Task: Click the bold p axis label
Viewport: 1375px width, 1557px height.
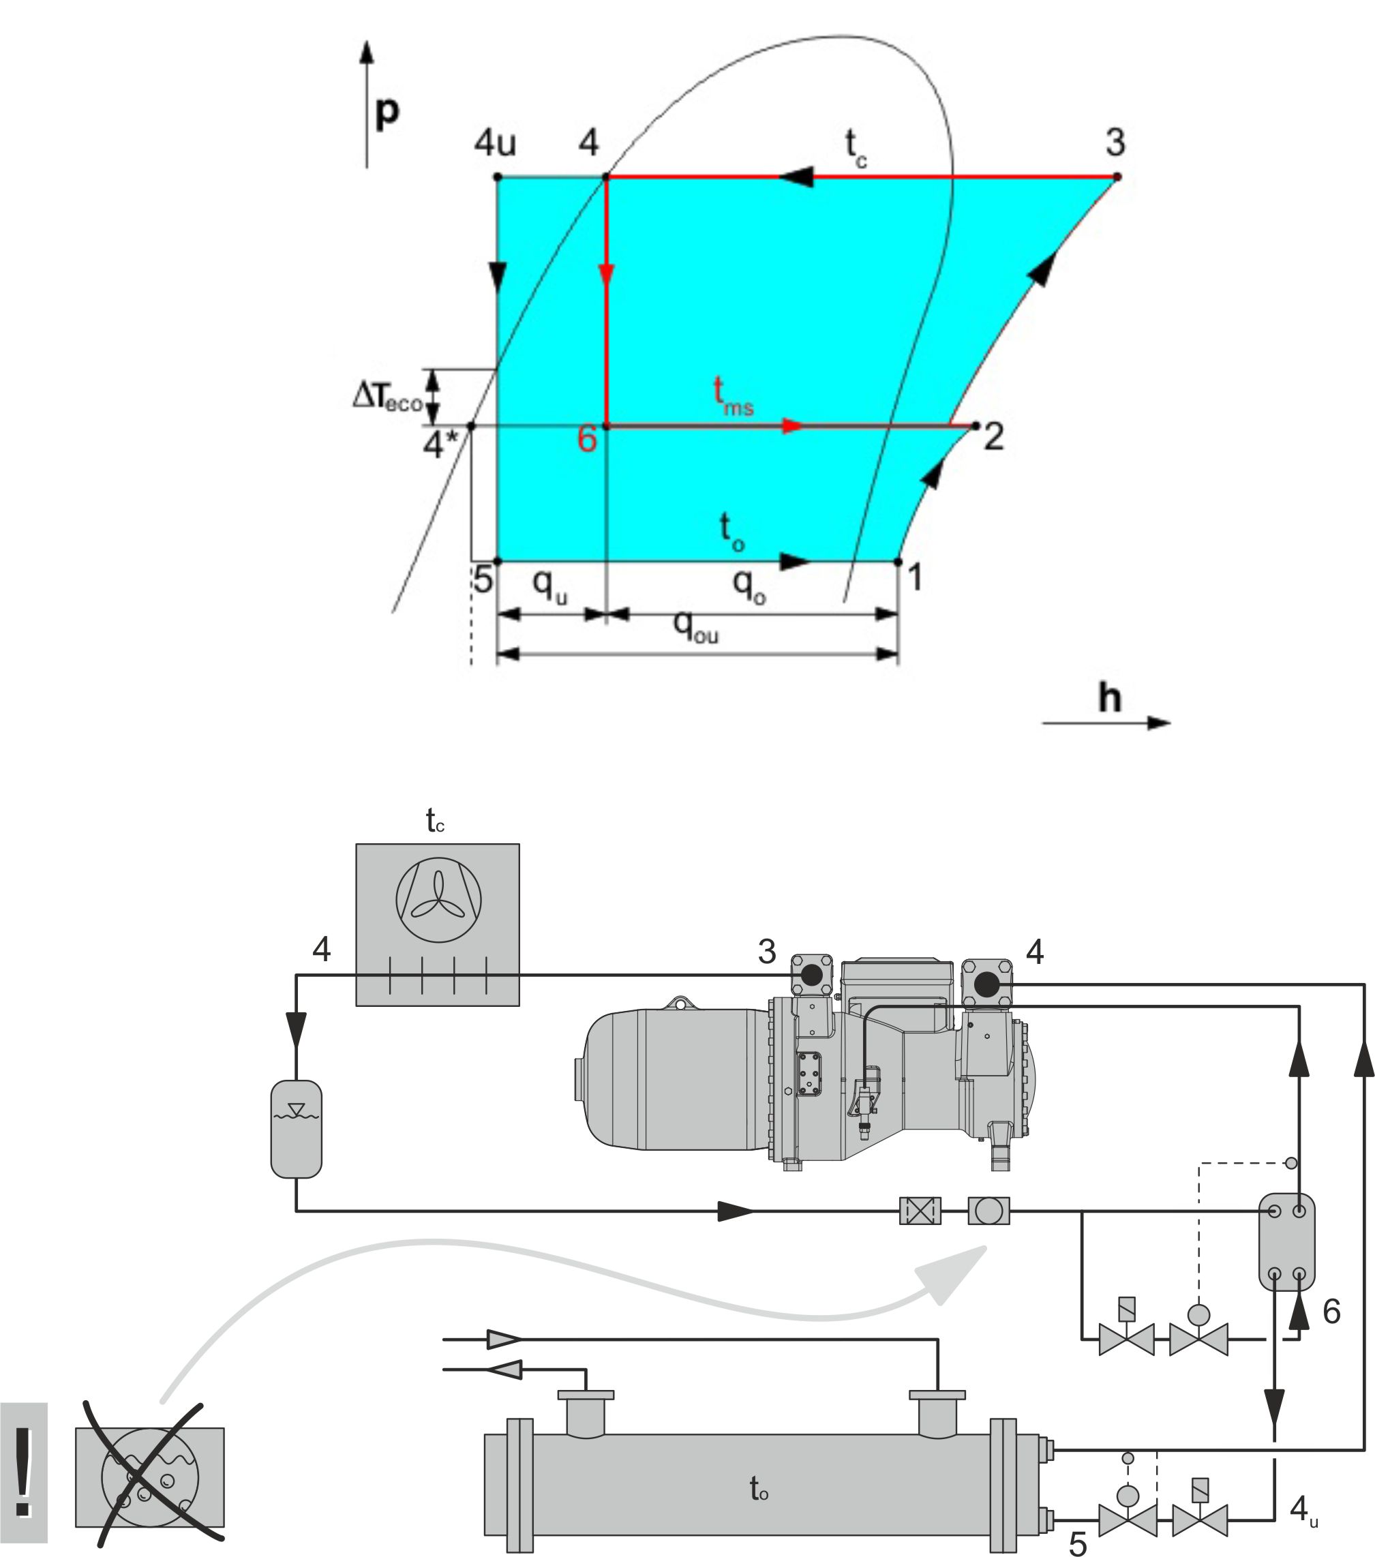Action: pyautogui.click(x=387, y=112)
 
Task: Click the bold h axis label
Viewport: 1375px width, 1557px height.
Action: pyautogui.click(x=1109, y=697)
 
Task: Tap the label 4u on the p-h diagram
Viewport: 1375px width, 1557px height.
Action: pyautogui.click(x=495, y=142)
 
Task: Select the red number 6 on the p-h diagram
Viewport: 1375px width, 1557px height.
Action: pyautogui.click(x=586, y=440)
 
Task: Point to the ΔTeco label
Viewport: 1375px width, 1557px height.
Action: pyautogui.click(x=387, y=396)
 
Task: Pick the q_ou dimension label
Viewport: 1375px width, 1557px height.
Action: pyautogui.click(x=695, y=626)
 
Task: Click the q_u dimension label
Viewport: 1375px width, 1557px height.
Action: pyautogui.click(x=549, y=586)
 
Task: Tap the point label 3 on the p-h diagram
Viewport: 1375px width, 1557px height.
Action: pyautogui.click(x=1115, y=142)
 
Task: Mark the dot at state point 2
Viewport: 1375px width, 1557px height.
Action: pyautogui.click(x=976, y=426)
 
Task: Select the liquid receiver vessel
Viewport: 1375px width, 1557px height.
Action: pyautogui.click(x=297, y=1129)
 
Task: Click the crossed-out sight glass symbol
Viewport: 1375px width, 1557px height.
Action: pyautogui.click(x=149, y=1477)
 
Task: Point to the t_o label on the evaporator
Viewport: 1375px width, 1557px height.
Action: pyautogui.click(x=759, y=1487)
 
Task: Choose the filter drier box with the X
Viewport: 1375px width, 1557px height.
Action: pyautogui.click(x=920, y=1211)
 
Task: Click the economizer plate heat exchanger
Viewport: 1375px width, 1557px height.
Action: pyautogui.click(x=1286, y=1241)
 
